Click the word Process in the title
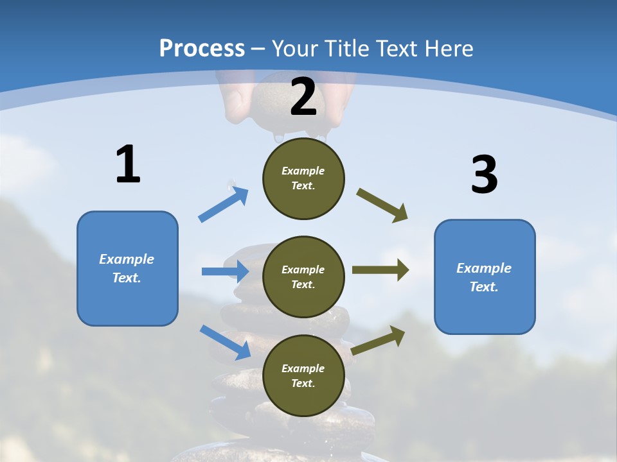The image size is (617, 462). [x=202, y=48]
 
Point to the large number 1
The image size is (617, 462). [x=128, y=165]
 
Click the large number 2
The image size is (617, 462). [x=303, y=98]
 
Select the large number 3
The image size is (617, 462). [x=484, y=176]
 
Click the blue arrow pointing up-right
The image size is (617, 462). [x=224, y=204]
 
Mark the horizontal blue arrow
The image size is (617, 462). [x=226, y=271]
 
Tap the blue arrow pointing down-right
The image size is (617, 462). [x=226, y=342]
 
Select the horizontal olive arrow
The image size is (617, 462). [x=380, y=270]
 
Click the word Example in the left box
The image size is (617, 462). [x=127, y=259]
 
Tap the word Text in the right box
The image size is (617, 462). [x=484, y=287]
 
